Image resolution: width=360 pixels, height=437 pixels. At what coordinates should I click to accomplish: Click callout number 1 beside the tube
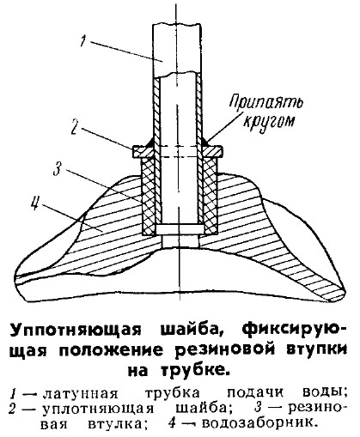pos(83,41)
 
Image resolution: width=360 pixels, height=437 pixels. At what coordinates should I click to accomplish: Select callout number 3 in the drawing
pos(58,170)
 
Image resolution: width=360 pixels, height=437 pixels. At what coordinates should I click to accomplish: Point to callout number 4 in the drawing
pos(34,204)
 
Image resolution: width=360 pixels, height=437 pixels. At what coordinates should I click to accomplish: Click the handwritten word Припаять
pos(266,102)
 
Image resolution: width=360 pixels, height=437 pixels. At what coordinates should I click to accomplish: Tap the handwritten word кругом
pos(269,121)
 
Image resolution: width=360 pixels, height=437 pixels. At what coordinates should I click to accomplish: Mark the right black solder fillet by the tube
pos(205,142)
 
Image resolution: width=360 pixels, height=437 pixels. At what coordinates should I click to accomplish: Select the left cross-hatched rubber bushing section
pos(149,196)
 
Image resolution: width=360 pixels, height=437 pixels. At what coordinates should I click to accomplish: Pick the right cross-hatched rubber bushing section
pos(210,196)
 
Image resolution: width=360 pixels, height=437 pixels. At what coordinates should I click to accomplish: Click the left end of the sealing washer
pos(132,152)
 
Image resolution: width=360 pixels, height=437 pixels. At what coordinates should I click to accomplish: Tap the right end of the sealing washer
pos(222,152)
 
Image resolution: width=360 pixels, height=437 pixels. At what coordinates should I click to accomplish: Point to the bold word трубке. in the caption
pos(196,371)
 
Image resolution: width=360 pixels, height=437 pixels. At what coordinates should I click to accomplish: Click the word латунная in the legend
pos(81,394)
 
